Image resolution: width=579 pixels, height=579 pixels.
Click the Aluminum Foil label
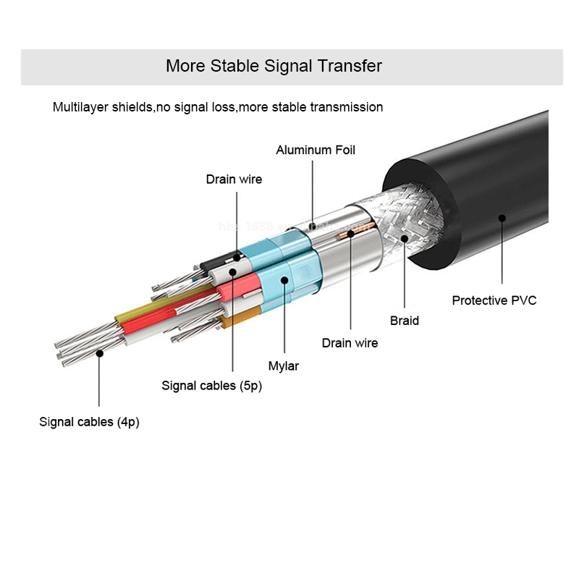coord(316,151)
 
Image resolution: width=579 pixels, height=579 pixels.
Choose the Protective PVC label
coord(494,300)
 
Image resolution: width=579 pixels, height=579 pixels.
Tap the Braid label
coord(404,321)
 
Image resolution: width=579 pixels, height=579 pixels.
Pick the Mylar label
coord(284,366)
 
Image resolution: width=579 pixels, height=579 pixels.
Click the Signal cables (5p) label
coord(211,386)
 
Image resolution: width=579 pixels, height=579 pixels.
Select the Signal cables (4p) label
coord(89,422)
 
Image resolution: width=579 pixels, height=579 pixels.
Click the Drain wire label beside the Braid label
coord(350,343)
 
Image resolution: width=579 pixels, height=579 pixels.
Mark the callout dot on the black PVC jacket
coord(502,216)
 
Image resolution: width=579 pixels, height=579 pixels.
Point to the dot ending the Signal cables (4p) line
coord(99,352)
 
